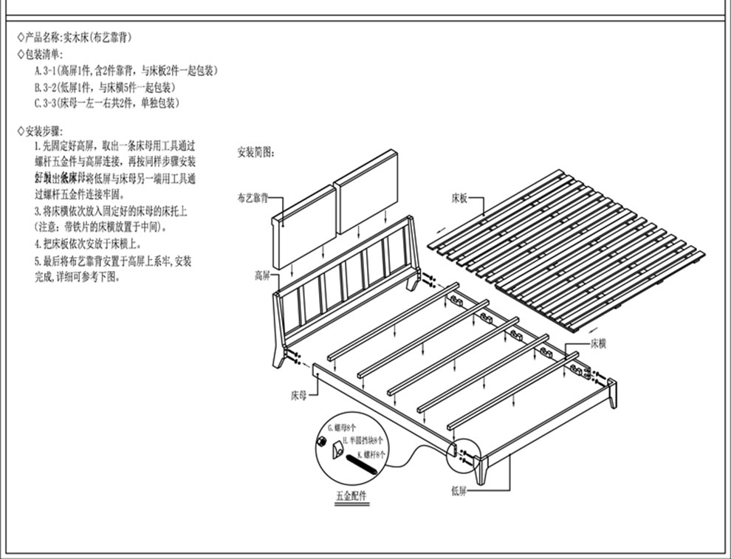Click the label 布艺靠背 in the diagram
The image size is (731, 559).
click(252, 199)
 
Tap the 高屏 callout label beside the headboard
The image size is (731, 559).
click(262, 275)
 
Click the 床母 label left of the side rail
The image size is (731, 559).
click(298, 395)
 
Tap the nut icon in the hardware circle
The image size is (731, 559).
click(322, 442)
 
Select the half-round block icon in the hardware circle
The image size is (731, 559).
click(338, 449)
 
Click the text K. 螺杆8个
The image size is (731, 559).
click(371, 455)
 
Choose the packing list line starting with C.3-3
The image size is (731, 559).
click(107, 103)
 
